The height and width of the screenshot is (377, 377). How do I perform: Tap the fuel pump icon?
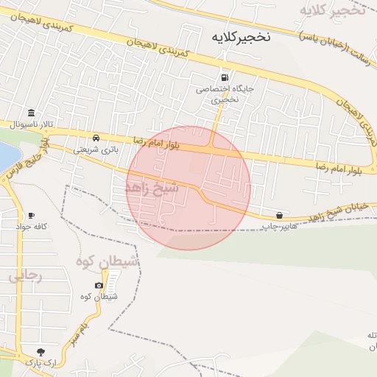[x=224, y=77]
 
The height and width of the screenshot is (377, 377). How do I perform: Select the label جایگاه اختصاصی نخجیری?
[x=214, y=92]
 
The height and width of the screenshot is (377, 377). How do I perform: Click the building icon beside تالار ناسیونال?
[x=31, y=113]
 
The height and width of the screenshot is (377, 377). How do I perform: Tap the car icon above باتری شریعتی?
[x=96, y=138]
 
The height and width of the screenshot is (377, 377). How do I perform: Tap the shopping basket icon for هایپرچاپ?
[x=279, y=215]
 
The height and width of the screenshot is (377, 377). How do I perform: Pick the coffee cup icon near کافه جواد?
[x=31, y=215]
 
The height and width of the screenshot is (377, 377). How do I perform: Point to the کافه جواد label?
[x=31, y=226]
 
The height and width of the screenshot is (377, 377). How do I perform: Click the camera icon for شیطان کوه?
[x=99, y=285]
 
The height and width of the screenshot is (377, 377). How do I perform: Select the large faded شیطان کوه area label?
[x=107, y=262]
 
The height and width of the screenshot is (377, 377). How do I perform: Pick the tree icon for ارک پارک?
[x=40, y=352]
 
